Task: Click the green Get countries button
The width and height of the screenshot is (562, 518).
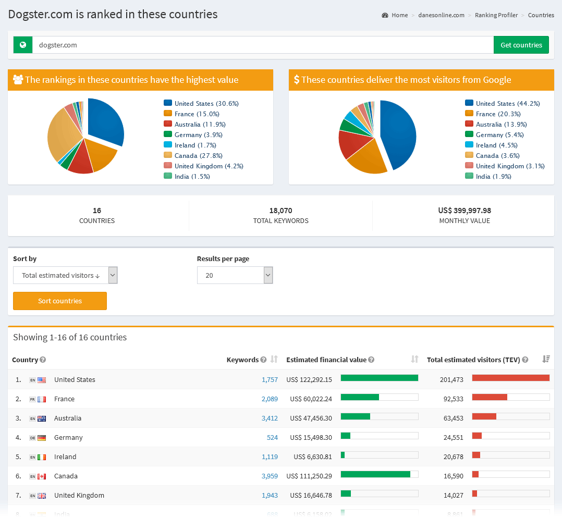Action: point(521,45)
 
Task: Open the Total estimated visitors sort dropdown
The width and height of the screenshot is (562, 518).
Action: point(65,275)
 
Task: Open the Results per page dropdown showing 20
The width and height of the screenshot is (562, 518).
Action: point(235,275)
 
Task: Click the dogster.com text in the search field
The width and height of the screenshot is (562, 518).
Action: point(58,45)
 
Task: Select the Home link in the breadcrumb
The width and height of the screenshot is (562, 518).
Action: point(399,15)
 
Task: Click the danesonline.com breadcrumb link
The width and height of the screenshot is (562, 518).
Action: point(441,15)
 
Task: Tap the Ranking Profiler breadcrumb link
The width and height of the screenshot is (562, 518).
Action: point(496,15)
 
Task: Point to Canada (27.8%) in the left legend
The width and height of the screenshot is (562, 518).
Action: point(198,155)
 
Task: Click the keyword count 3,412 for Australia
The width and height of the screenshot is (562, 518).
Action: point(270,418)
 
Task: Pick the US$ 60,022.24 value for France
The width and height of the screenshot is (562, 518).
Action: point(311,399)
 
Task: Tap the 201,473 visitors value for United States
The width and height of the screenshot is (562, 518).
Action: point(451,379)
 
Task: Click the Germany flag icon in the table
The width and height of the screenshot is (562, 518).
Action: point(42,438)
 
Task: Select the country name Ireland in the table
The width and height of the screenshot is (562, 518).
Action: point(65,457)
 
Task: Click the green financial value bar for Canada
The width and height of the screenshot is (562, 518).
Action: point(375,474)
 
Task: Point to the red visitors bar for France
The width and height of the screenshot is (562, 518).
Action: point(490,397)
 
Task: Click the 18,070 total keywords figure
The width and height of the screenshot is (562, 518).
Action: point(280,211)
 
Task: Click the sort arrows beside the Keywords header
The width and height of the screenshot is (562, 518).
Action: point(274,359)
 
